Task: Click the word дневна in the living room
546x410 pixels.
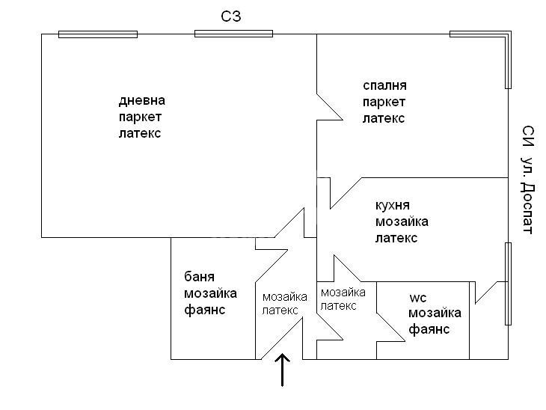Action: [x=141, y=100]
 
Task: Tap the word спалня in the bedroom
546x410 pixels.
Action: [x=384, y=86]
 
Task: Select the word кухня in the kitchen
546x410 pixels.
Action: [x=393, y=206]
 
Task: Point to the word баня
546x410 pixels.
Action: [x=199, y=277]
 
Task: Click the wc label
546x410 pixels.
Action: [x=418, y=299]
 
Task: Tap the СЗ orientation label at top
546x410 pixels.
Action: [x=231, y=16]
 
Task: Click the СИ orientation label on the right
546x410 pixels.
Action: [x=528, y=136]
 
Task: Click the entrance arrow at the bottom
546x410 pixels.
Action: [x=282, y=370]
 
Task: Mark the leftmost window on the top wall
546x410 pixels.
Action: [x=98, y=34]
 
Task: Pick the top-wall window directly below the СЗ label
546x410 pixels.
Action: [x=233, y=34]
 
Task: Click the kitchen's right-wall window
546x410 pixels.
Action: [x=508, y=284]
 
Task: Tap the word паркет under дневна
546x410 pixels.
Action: [x=140, y=117]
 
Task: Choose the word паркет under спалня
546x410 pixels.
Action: [x=384, y=102]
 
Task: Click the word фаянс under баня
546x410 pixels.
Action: [x=205, y=310]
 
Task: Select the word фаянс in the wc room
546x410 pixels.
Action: [x=429, y=329]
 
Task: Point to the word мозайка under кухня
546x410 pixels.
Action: [x=402, y=222]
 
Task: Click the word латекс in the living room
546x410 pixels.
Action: [x=140, y=133]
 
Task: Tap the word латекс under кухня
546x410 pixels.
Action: [x=396, y=238]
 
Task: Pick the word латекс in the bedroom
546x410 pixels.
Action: [x=384, y=119]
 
